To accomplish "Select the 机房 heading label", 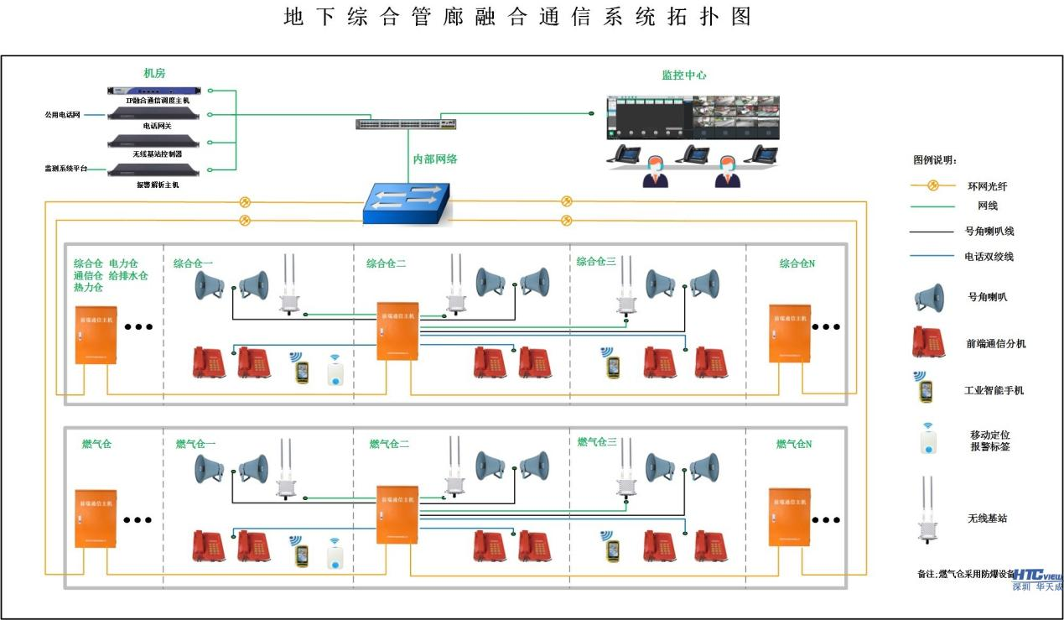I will pyautogui.click(x=154, y=74).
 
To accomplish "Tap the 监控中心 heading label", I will pyautogui.click(x=683, y=75).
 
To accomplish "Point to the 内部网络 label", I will pyautogui.click(x=435, y=158).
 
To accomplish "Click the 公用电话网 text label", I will pyautogui.click(x=62, y=114).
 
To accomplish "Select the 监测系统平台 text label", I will pyautogui.click(x=65, y=169).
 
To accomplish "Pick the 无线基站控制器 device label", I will pyautogui.click(x=157, y=154).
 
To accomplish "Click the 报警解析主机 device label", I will pyautogui.click(x=157, y=184).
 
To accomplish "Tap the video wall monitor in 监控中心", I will pyautogui.click(x=692, y=117).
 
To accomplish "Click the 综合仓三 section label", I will pyautogui.click(x=595, y=262).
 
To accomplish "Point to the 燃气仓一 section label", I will pyautogui.click(x=195, y=444).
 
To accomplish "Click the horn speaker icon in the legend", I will pyautogui.click(x=928, y=297).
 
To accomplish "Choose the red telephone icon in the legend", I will pyautogui.click(x=927, y=342).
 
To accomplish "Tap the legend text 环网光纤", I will pyautogui.click(x=987, y=186).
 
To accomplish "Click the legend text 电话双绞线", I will pyautogui.click(x=989, y=257).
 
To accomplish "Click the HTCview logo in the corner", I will pyautogui.click(x=1037, y=579).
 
